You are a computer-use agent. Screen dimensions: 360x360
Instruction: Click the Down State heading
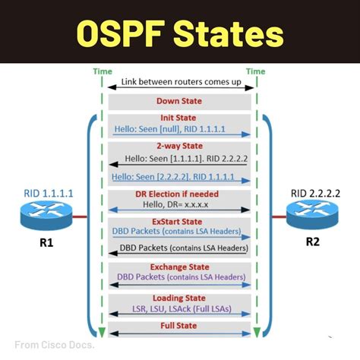(x=179, y=101)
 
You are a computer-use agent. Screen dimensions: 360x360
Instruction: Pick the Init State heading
(x=179, y=118)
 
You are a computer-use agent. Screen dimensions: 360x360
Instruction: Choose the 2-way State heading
(x=179, y=147)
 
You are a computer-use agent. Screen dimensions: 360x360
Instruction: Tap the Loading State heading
(x=179, y=298)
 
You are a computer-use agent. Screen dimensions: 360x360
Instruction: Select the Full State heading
(x=179, y=326)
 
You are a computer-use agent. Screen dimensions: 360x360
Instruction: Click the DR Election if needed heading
(x=179, y=194)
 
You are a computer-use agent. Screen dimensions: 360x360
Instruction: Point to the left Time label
(x=102, y=71)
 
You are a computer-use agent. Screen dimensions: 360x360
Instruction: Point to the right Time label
(x=255, y=71)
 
